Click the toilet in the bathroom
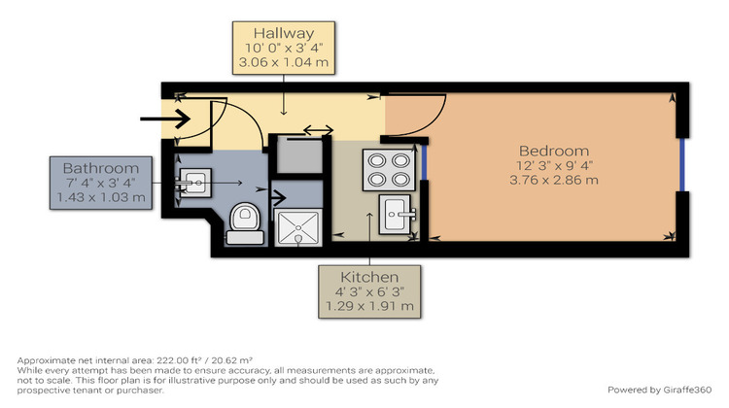pos(243,219)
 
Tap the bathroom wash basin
pos(195,181)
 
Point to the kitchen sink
pos(398,213)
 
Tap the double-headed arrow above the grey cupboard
pos(318,130)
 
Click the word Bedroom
pos(553,151)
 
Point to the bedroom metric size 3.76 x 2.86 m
pos(553,180)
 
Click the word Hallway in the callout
pos(283,34)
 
